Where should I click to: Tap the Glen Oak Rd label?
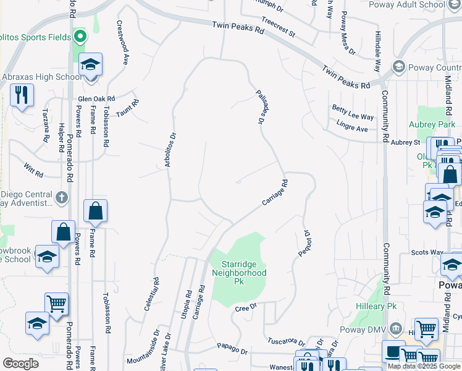click(96, 99)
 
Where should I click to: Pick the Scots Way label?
click(427, 253)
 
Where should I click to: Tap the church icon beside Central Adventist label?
click(61, 198)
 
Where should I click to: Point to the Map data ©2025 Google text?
click(424, 366)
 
